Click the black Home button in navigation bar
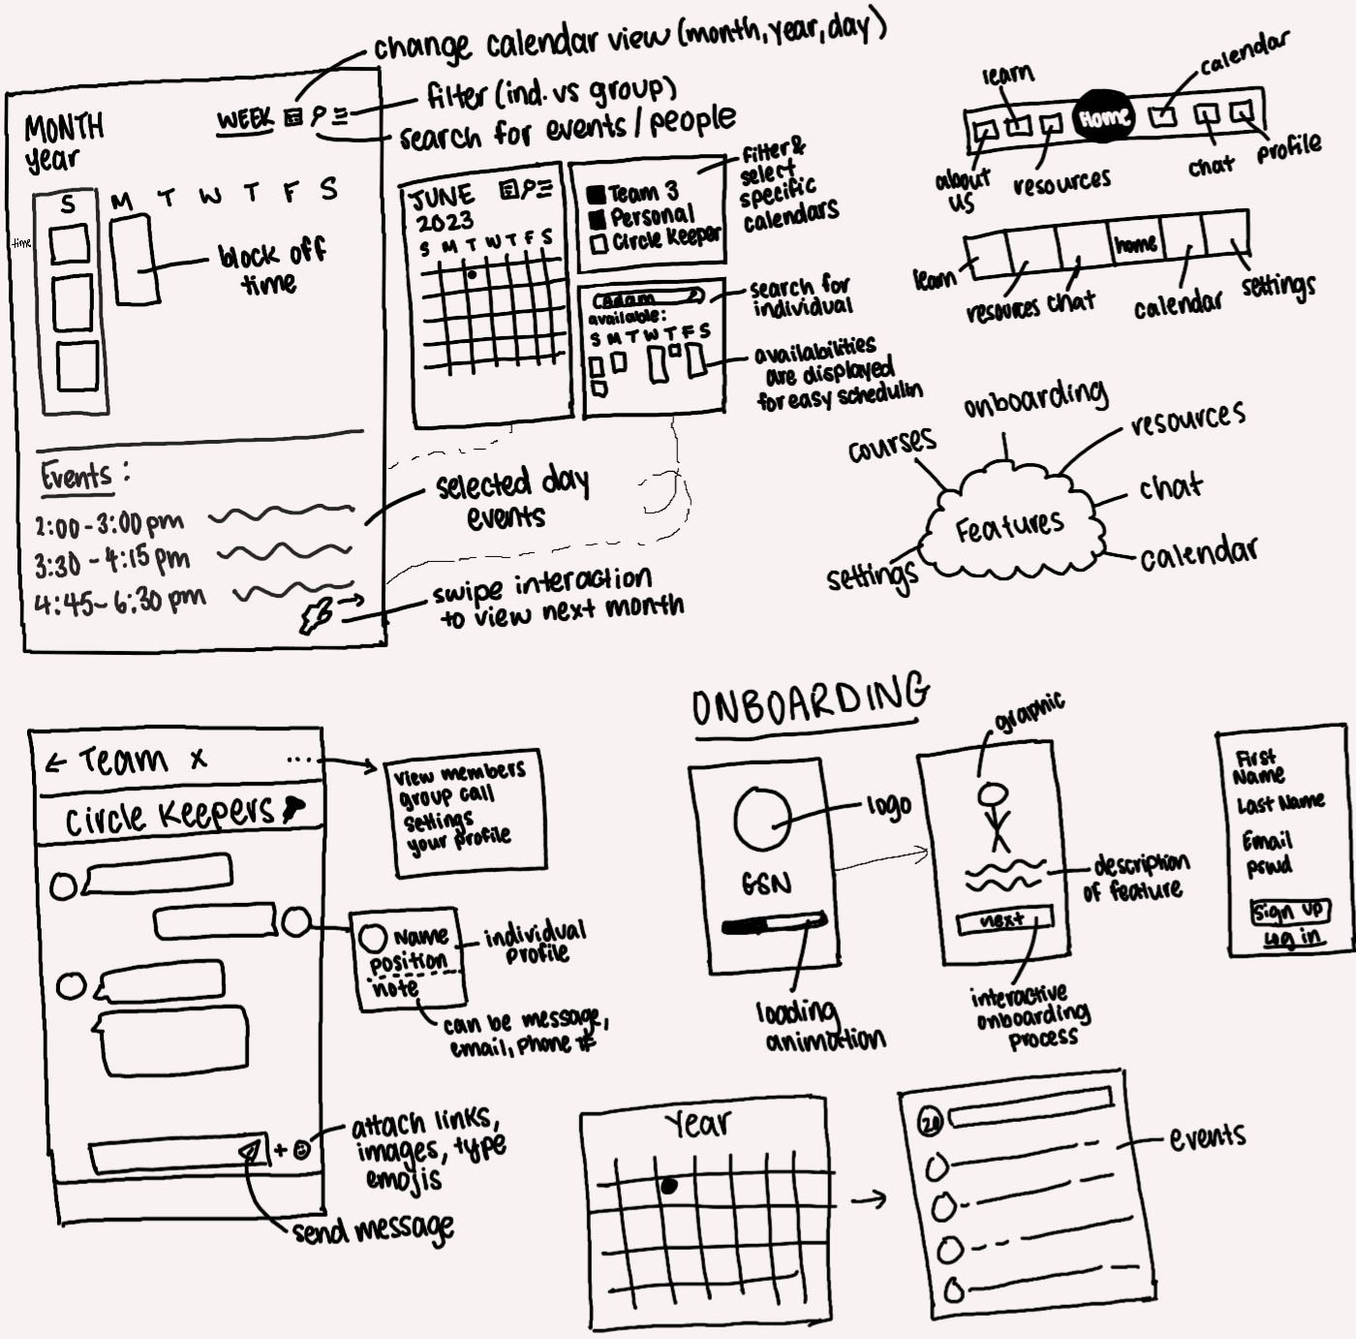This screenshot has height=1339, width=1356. coord(1104,118)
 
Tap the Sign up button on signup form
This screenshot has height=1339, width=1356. coord(1289,912)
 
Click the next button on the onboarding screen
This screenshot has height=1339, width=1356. coord(1003,921)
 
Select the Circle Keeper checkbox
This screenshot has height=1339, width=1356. coord(599,243)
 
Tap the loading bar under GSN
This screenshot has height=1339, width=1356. coord(773,926)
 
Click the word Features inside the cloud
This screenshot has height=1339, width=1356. coord(1009,527)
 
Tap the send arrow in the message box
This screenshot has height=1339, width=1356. coord(251,1150)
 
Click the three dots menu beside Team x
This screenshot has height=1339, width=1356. coord(300,760)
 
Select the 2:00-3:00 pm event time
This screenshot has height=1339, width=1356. coord(108,525)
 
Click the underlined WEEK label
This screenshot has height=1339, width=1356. coord(246,120)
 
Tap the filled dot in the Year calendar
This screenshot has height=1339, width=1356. coord(668,1186)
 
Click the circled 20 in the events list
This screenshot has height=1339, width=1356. coord(930,1122)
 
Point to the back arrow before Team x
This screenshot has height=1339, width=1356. coord(54,763)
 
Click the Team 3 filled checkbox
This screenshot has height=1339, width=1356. coord(597,195)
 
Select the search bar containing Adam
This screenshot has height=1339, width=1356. coord(647,298)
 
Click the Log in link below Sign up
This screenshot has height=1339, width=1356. coord(1292,937)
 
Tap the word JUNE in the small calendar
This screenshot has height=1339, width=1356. coord(443,198)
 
